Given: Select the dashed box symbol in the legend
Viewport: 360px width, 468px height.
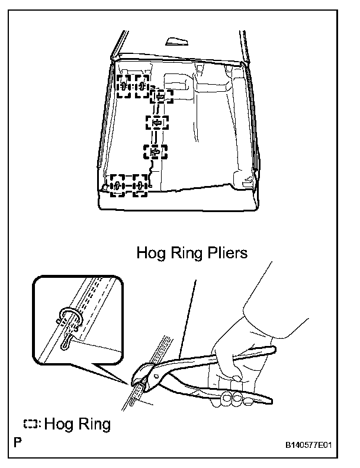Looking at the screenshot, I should (x=32, y=424).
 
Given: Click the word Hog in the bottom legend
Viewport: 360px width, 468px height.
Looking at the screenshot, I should (x=58, y=424).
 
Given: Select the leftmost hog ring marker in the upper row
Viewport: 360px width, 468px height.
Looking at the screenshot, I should (x=124, y=87).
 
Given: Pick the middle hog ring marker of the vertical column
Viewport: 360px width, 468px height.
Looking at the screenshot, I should (x=157, y=123).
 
